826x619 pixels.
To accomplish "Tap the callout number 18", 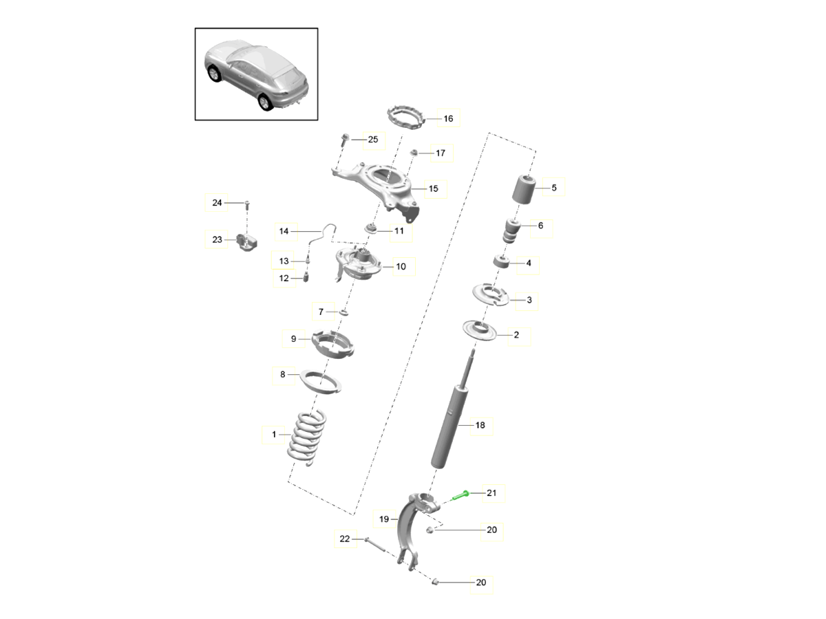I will [480, 425].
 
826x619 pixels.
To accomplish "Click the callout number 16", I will [448, 118].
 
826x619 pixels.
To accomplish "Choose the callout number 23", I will [217, 240].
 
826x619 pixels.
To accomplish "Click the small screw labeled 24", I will [248, 204].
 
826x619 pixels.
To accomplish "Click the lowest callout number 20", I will [480, 583].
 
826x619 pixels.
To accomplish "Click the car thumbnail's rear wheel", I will [264, 102].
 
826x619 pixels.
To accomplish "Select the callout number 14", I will [284, 231].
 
